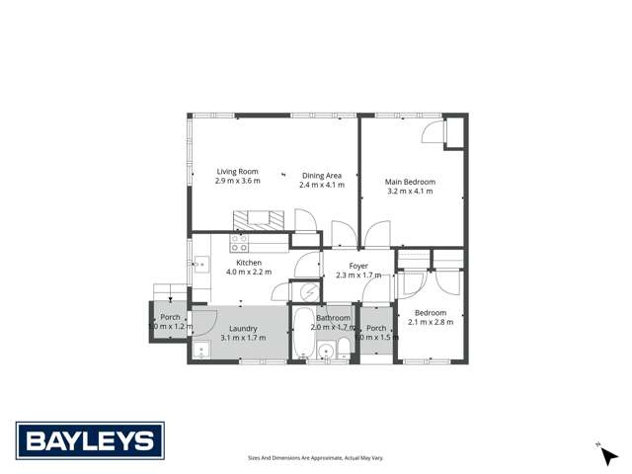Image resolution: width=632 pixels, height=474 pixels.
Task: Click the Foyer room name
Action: click(x=358, y=266)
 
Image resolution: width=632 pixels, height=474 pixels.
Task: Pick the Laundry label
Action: click(x=243, y=328)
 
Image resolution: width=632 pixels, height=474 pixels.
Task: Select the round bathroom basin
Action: click(x=325, y=352)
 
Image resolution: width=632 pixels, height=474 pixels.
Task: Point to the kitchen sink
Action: click(x=200, y=264)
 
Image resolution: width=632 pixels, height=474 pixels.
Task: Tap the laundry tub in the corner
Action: click(x=197, y=352)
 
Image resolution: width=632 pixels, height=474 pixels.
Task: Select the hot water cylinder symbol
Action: click(x=308, y=291)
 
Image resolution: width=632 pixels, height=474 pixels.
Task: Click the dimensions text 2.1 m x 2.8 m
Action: click(x=430, y=321)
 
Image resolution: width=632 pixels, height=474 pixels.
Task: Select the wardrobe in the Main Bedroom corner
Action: click(x=454, y=132)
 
